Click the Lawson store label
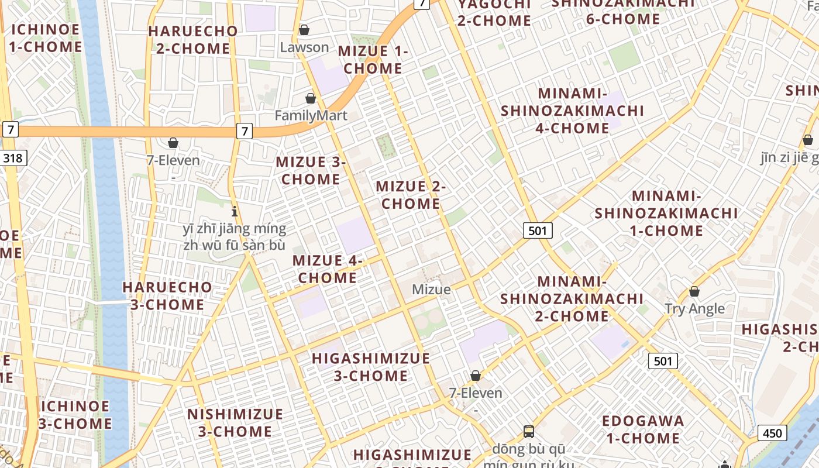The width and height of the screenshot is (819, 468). [304, 47]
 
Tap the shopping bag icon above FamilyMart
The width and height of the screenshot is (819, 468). [311, 98]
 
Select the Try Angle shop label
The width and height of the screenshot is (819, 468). [694, 309]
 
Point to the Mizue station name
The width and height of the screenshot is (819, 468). [431, 290]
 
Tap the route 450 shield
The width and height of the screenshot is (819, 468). [772, 433]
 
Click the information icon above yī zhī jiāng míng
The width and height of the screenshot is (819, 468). [235, 211]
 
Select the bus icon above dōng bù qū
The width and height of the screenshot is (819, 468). [529, 432]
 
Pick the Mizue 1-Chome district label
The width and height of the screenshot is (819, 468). [373, 60]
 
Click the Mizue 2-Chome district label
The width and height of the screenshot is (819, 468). [411, 195]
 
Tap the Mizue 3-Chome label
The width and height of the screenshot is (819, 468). [311, 170]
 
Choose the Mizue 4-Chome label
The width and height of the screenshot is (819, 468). [328, 269]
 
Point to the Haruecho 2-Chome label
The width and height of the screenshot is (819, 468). [193, 40]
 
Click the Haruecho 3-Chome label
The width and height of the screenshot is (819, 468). [167, 296]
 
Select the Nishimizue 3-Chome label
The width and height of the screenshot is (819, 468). [235, 423]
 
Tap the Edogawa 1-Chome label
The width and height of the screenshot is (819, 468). [643, 429]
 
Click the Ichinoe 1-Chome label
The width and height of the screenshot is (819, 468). [46, 38]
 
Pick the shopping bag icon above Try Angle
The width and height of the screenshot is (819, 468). [694, 291]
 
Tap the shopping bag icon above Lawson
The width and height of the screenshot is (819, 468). [304, 29]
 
